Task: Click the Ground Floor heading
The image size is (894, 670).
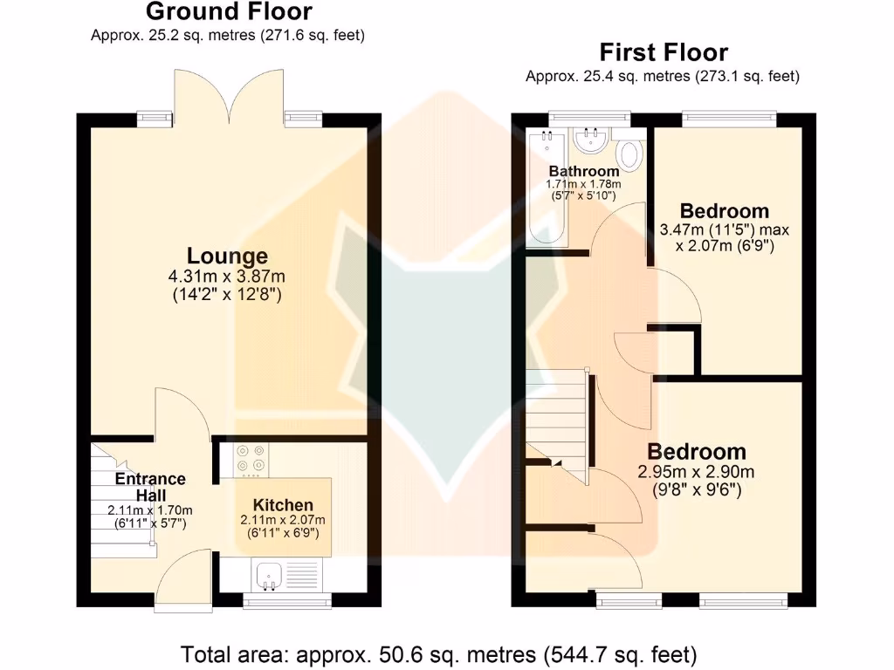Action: click(x=228, y=12)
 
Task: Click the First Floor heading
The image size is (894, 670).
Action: click(x=663, y=52)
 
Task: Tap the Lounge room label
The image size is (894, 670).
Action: click(x=227, y=256)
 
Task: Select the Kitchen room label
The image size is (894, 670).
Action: click(x=283, y=505)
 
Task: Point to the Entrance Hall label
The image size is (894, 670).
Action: click(x=150, y=486)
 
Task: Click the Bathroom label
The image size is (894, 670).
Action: click(x=583, y=171)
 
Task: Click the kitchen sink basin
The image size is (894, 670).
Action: click(x=267, y=574)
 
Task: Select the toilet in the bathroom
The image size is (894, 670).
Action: click(x=629, y=154)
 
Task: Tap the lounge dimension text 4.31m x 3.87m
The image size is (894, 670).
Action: click(x=227, y=277)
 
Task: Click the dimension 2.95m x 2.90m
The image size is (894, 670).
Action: click(x=696, y=472)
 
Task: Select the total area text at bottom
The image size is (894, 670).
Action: click(x=438, y=653)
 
